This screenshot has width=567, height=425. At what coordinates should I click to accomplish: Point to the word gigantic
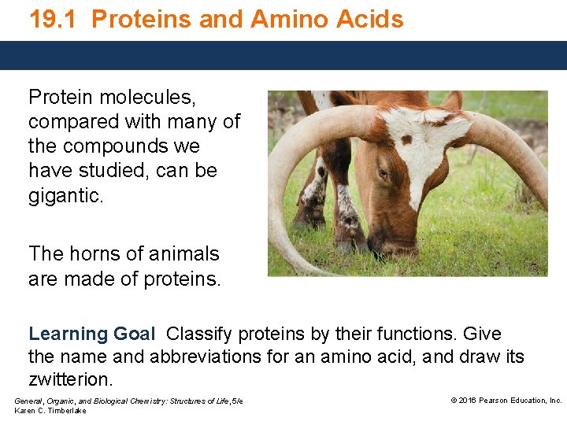65,196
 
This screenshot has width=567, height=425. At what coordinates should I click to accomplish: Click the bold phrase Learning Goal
91,334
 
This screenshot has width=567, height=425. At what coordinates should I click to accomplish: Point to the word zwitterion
71,379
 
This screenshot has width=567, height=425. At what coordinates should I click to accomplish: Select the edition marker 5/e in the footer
236,401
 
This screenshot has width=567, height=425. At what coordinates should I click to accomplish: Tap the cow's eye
384,173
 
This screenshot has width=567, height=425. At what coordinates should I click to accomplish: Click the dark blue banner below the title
283,55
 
